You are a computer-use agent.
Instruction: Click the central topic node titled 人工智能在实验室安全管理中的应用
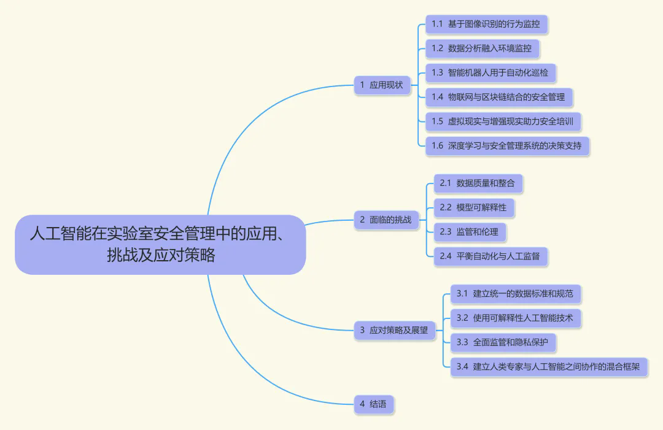coord(160,234)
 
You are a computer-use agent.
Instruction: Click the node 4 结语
coord(373,404)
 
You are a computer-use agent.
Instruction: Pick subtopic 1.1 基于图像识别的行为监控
coord(486,24)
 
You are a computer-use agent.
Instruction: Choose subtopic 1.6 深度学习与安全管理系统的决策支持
coord(506,146)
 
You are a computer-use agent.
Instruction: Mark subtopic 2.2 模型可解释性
coord(473,207)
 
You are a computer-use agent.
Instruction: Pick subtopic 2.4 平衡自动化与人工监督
coord(490,256)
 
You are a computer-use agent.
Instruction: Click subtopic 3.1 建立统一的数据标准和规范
coord(514,294)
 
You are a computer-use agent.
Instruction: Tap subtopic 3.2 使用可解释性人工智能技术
coord(514,318)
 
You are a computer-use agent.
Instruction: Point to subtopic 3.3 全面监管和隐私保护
coord(502,342)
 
